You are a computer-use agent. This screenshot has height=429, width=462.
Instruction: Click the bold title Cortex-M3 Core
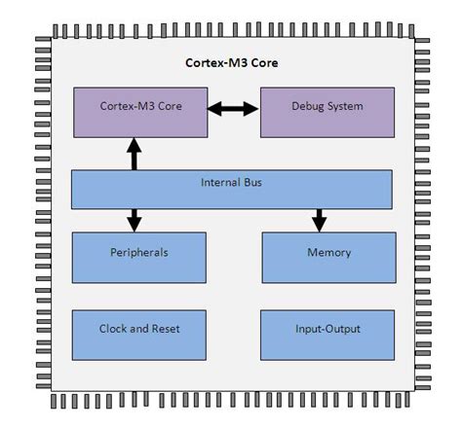[232, 62]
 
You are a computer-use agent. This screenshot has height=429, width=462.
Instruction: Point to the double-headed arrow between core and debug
[233, 110]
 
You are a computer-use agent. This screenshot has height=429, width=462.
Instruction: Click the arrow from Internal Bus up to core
[134, 155]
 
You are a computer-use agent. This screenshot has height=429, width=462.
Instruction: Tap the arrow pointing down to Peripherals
[134, 219]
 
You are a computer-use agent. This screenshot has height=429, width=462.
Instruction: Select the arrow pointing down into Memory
[318, 219]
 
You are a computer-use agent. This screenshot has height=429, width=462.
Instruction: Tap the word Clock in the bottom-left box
[115, 329]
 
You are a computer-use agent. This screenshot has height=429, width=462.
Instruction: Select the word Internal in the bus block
[219, 181]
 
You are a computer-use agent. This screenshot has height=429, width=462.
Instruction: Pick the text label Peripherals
[139, 253]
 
